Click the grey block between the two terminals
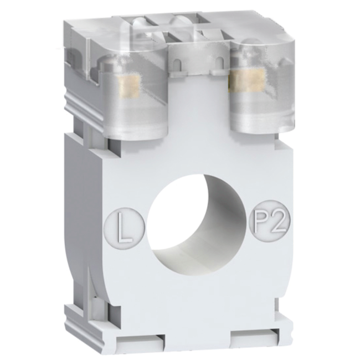(x=198, y=105)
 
